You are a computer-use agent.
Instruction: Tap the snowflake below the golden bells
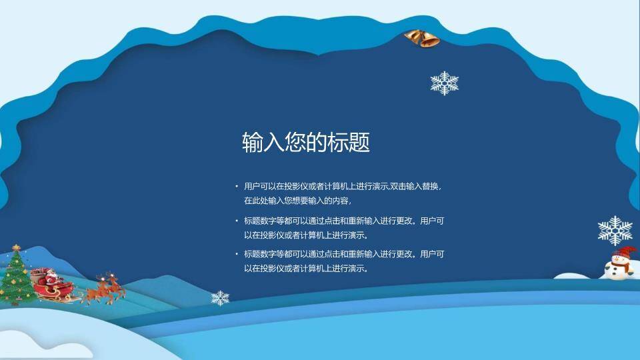point(444,83)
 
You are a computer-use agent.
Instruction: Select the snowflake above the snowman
point(615,230)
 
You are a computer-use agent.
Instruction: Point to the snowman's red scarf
point(619,264)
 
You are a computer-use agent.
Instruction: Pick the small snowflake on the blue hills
point(220,298)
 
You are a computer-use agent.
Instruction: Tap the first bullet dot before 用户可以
point(236,187)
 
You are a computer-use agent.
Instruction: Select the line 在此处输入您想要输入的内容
point(297,201)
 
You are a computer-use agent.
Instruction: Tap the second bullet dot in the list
point(236,221)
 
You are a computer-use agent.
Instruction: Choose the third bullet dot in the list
point(236,254)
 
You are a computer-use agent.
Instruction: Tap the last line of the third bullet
point(306,269)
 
